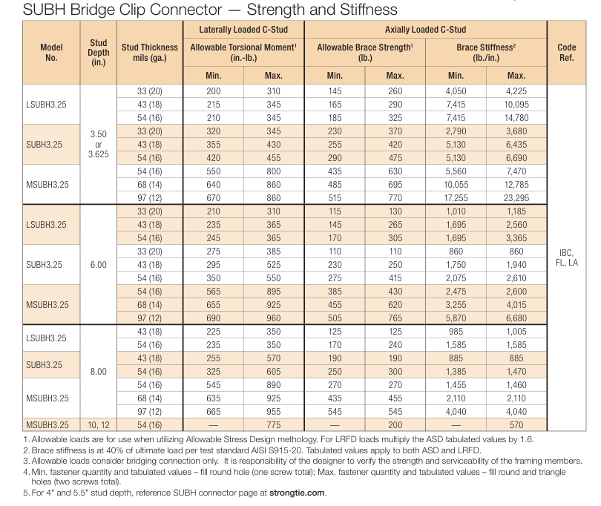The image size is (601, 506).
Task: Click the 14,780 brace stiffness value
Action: [x=516, y=117]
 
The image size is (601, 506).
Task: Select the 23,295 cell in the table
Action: [x=516, y=198]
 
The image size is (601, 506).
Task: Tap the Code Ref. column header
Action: [x=566, y=52]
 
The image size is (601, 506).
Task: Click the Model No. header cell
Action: [x=51, y=52]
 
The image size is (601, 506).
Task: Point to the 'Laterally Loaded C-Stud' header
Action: [x=243, y=30]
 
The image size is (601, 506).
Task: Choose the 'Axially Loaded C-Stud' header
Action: [x=425, y=30]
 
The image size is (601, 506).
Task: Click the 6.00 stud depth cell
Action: [x=99, y=264]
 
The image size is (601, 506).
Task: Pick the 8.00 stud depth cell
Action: [x=99, y=371]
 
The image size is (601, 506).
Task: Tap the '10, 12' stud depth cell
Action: [x=99, y=425]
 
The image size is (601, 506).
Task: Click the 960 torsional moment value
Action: [x=274, y=318]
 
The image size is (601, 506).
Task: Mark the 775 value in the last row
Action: [x=274, y=425]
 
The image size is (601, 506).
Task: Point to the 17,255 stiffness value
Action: [x=456, y=198]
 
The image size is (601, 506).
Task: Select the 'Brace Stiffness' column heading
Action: [x=485, y=47]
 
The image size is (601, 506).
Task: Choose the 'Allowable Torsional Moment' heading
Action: [x=243, y=47]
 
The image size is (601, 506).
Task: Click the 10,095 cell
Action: [x=516, y=104]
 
